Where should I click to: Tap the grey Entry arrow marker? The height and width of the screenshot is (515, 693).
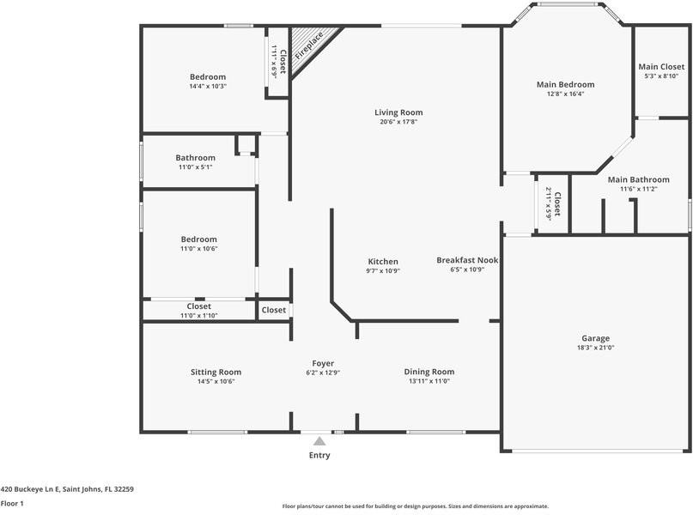click(319, 441)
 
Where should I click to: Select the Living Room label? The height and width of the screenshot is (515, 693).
click(398, 112)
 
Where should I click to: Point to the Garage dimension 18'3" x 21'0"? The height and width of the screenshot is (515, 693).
click(595, 348)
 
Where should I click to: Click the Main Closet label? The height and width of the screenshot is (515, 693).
click(661, 67)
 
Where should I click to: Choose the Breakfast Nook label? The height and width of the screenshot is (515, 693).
click(467, 260)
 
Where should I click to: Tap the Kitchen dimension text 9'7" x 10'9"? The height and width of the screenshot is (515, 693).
click(383, 270)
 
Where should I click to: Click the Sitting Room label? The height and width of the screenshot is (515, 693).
click(216, 372)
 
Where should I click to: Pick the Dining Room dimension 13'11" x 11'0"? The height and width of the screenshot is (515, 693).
click(429, 381)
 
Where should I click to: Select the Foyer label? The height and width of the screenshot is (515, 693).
click(323, 363)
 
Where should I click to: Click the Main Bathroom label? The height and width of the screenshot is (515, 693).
click(638, 179)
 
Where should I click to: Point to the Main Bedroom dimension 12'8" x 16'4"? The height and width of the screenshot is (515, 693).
click(566, 94)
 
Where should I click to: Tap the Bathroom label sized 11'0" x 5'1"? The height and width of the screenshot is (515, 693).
click(195, 158)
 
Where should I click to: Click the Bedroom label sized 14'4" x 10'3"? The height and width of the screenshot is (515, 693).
click(208, 77)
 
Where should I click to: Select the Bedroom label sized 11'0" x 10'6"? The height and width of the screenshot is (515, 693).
click(199, 239)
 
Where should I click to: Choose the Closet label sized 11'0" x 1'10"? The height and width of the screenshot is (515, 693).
click(199, 306)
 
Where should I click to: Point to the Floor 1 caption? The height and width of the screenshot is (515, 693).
click(12, 504)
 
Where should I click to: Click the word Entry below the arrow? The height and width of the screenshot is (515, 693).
click(319, 456)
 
